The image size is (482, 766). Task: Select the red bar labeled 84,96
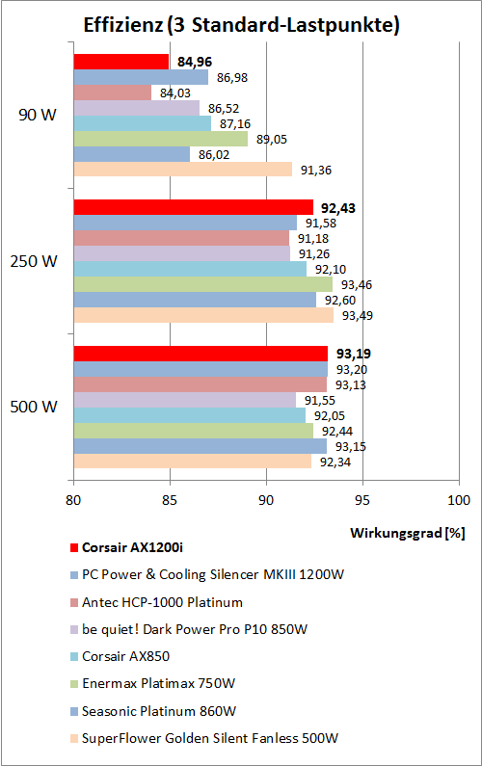pos(121,63)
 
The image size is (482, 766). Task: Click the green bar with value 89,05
pos(161,139)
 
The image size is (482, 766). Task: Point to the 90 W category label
pos(37,116)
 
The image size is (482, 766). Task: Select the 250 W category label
pos(34,261)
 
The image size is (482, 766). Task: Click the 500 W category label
pos(34,407)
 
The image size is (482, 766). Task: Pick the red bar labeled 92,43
pos(194,207)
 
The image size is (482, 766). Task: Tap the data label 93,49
pos(357,315)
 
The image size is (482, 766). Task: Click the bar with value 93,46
pos(203,284)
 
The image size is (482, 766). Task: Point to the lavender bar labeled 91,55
pos(185,399)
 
